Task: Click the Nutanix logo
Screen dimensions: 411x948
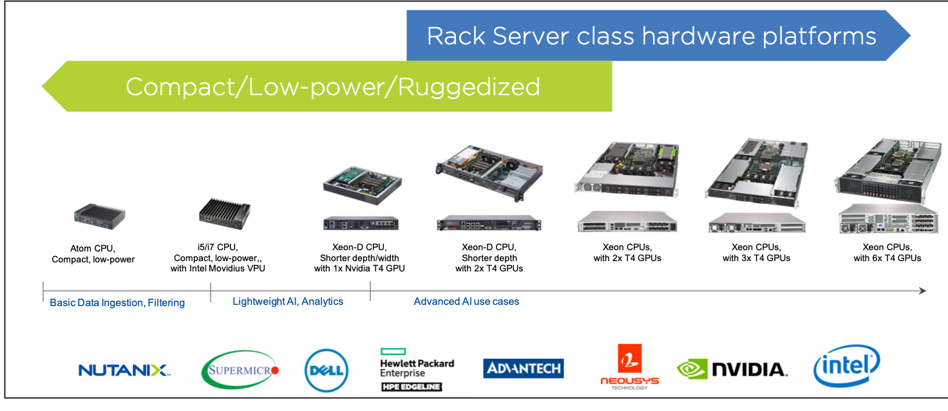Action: coord(122,370)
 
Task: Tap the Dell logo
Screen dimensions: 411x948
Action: coord(327,370)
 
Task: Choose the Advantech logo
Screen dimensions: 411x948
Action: coord(523,369)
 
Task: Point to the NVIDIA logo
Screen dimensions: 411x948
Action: coord(732,369)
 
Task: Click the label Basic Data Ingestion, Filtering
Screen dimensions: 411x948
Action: coord(117,302)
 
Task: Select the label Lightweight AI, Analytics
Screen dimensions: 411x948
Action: coord(288,301)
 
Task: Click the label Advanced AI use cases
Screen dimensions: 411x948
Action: coord(466,301)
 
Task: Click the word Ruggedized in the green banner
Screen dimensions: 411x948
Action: coord(469,87)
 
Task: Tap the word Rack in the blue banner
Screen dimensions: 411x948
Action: coord(456,36)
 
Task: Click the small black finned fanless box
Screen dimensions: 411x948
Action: coord(224,214)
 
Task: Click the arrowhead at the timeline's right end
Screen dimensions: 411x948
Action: coord(922,291)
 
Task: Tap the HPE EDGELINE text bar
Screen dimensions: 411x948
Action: coord(411,386)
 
